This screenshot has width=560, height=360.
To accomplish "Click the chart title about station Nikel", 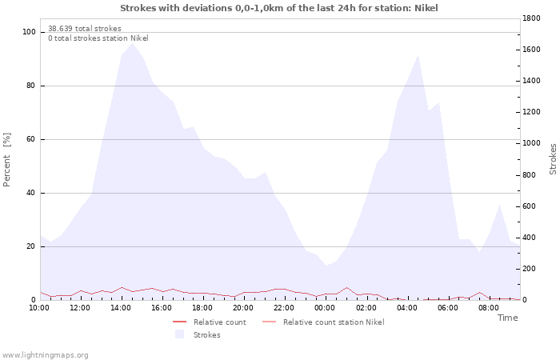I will pos(279,8).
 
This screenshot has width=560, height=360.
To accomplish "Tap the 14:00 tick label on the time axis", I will pos(121,308).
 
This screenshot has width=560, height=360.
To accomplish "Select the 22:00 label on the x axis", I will pos(284,308).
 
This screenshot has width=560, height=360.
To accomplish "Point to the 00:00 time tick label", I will pos(325,308).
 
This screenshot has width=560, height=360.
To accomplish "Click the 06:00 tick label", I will pos(447,308).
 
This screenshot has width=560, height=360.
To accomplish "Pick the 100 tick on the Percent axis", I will pos(30,32).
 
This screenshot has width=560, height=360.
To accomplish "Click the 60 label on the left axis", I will pos(31,139).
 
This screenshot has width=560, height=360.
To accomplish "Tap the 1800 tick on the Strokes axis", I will pos(534,18).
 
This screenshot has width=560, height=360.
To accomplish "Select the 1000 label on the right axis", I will pos(534,143).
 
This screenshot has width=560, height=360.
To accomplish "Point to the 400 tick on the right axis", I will pos(532,238).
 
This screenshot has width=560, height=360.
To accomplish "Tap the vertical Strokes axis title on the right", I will pos(553,159).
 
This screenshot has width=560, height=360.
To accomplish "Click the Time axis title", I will pos(507,318).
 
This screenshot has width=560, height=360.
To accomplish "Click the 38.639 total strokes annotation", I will pos(85,29).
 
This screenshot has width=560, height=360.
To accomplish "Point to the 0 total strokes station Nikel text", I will pos(98,38).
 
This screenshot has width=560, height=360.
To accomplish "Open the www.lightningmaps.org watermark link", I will pos(45,355).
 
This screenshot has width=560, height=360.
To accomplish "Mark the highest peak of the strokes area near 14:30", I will pos(132,43).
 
